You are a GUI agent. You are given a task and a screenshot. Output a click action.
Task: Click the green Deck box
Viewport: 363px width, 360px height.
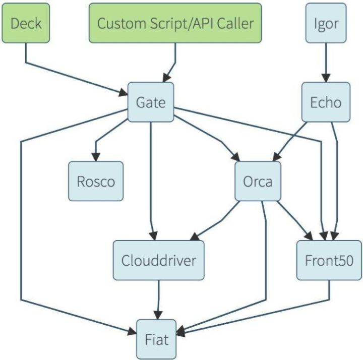[x=26, y=23]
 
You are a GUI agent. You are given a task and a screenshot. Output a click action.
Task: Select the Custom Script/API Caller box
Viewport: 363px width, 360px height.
[x=175, y=23]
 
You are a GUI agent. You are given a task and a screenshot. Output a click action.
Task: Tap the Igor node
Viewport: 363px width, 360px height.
[x=326, y=23]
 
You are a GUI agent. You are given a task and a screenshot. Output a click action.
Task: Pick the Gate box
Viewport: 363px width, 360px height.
[x=151, y=102]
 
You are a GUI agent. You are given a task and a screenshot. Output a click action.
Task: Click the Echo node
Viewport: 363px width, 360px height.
[x=326, y=102]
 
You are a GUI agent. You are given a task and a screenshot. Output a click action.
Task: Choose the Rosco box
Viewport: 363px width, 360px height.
[x=96, y=181]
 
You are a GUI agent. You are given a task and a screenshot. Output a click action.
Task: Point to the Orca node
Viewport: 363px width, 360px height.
[x=258, y=181]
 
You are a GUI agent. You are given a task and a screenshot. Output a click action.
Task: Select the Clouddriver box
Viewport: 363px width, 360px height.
[x=159, y=260]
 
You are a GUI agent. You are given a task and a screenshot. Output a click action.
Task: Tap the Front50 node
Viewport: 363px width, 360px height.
[x=329, y=260]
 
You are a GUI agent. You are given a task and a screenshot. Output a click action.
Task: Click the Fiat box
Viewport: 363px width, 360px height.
[x=156, y=339]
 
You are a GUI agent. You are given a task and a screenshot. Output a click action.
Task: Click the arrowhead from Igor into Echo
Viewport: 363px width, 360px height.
[x=326, y=78]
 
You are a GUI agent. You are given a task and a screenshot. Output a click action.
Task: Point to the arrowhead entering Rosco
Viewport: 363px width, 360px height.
[x=96, y=157]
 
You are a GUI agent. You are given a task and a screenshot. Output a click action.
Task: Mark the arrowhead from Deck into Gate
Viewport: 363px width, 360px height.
[x=124, y=93]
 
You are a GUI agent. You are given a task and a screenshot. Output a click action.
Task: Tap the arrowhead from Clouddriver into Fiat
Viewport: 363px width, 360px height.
[x=158, y=315]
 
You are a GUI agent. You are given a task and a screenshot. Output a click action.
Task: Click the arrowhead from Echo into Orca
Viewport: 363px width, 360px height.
[x=277, y=157]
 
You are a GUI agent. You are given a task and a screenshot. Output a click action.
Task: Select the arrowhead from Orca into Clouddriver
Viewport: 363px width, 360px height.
[x=195, y=236]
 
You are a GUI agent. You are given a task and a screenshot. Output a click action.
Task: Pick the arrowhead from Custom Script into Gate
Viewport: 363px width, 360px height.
[x=166, y=78]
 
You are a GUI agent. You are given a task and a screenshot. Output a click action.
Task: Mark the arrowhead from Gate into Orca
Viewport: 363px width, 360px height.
[x=235, y=157]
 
